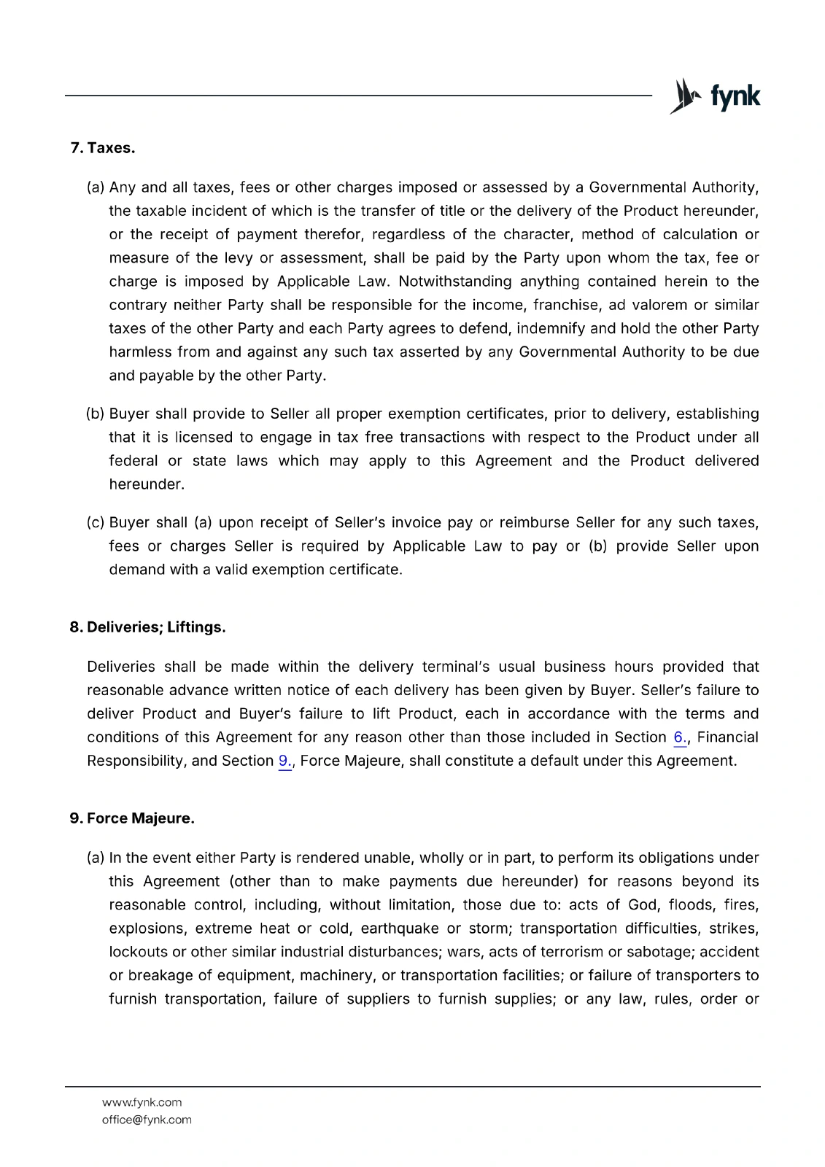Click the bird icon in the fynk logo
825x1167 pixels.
pos(684,96)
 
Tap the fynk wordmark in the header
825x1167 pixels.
pos(735,96)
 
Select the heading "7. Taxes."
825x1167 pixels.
pos(103,148)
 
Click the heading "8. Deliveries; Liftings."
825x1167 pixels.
pos(147,627)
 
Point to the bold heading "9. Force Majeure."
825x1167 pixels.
pos(132,818)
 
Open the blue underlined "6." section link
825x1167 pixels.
pos(680,737)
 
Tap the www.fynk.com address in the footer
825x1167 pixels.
pos(142,1102)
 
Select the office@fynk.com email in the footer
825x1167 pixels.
pos(147,1120)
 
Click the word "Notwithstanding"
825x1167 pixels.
pos(454,282)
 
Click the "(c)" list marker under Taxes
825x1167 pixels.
pos(96,522)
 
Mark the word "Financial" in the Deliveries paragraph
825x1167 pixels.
pos(727,737)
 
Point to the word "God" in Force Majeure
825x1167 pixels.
pos(642,905)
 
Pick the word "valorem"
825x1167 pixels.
pos(660,305)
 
